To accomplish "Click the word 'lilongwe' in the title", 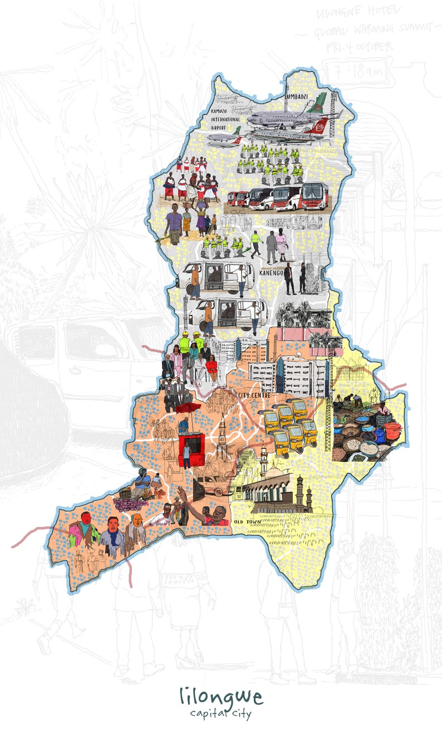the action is [221, 696].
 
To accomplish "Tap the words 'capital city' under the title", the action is [221, 713].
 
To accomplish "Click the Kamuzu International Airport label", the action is [225, 119].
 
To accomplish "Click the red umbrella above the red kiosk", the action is [188, 409].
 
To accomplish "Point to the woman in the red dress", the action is [212, 364].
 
